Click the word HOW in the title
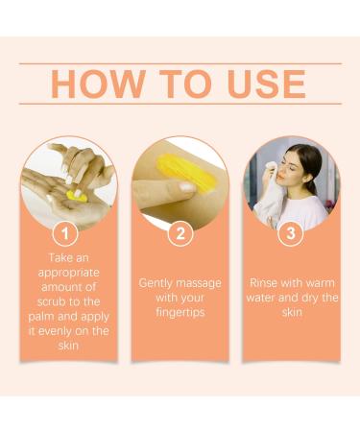[94, 84]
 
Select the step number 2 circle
[180, 232]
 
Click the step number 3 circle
[291, 232]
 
